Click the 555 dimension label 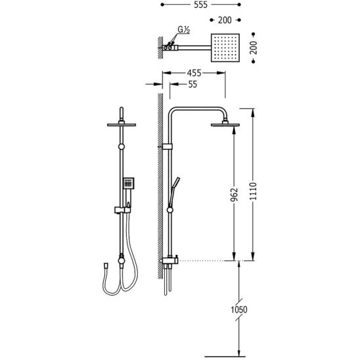[x=200, y=5]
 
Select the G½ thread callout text [x=184, y=30]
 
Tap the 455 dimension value [x=194, y=73]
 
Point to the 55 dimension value [x=192, y=84]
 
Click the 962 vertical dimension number [x=234, y=194]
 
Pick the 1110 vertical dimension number [x=253, y=191]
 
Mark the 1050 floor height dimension [x=239, y=309]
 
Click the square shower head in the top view [x=225, y=48]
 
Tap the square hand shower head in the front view [x=129, y=183]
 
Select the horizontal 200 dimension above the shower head [x=225, y=20]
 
